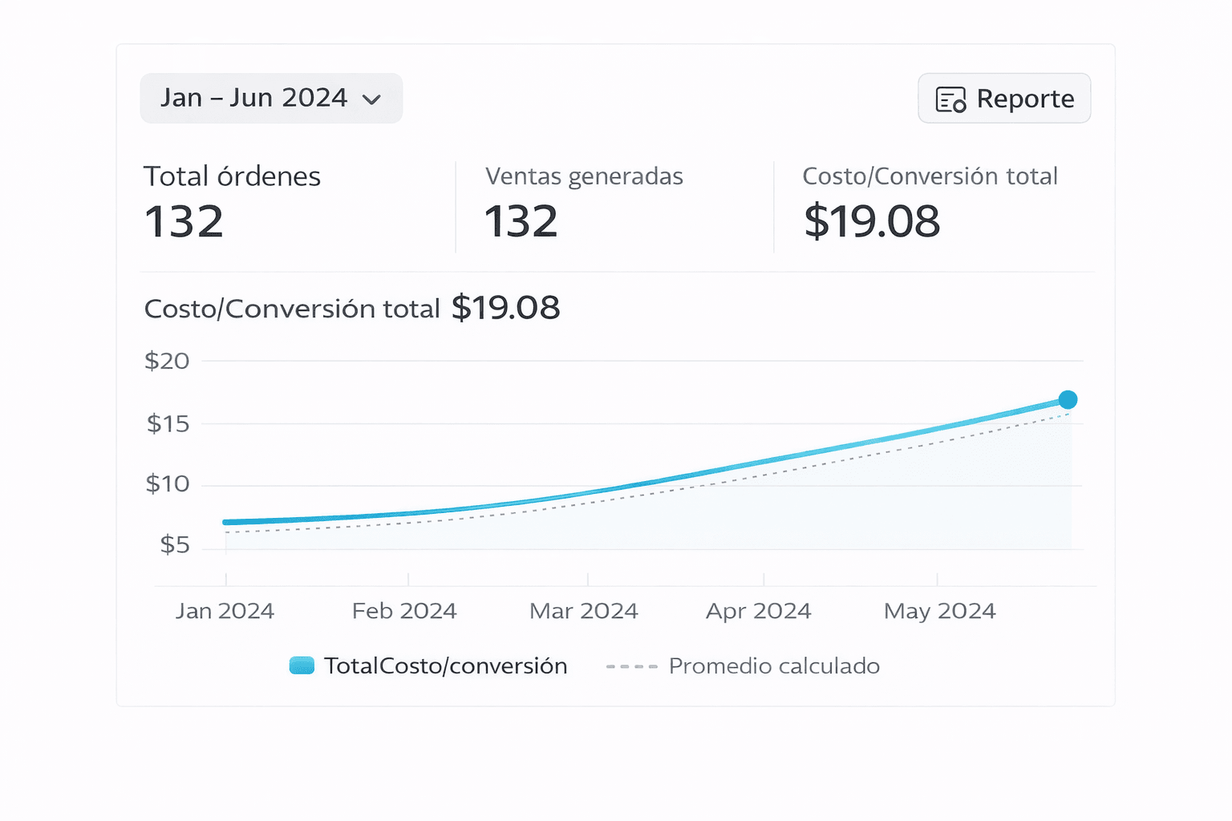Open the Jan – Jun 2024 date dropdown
(270, 98)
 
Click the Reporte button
(1003, 99)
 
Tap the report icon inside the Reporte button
(950, 99)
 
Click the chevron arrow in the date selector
(371, 99)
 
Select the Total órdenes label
(232, 176)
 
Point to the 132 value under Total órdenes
(184, 222)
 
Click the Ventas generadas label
(584, 176)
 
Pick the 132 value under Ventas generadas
(521, 222)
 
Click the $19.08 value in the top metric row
(871, 222)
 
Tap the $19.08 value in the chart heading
(505, 308)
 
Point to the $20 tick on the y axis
(167, 361)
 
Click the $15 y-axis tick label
(168, 423)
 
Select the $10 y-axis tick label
(168, 483)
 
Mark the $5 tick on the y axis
(175, 545)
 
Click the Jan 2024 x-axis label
(225, 611)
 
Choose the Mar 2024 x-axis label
(583, 611)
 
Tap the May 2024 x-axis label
(939, 611)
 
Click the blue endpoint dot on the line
(1068, 399)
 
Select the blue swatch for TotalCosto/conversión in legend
(302, 665)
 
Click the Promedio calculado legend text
(774, 666)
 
